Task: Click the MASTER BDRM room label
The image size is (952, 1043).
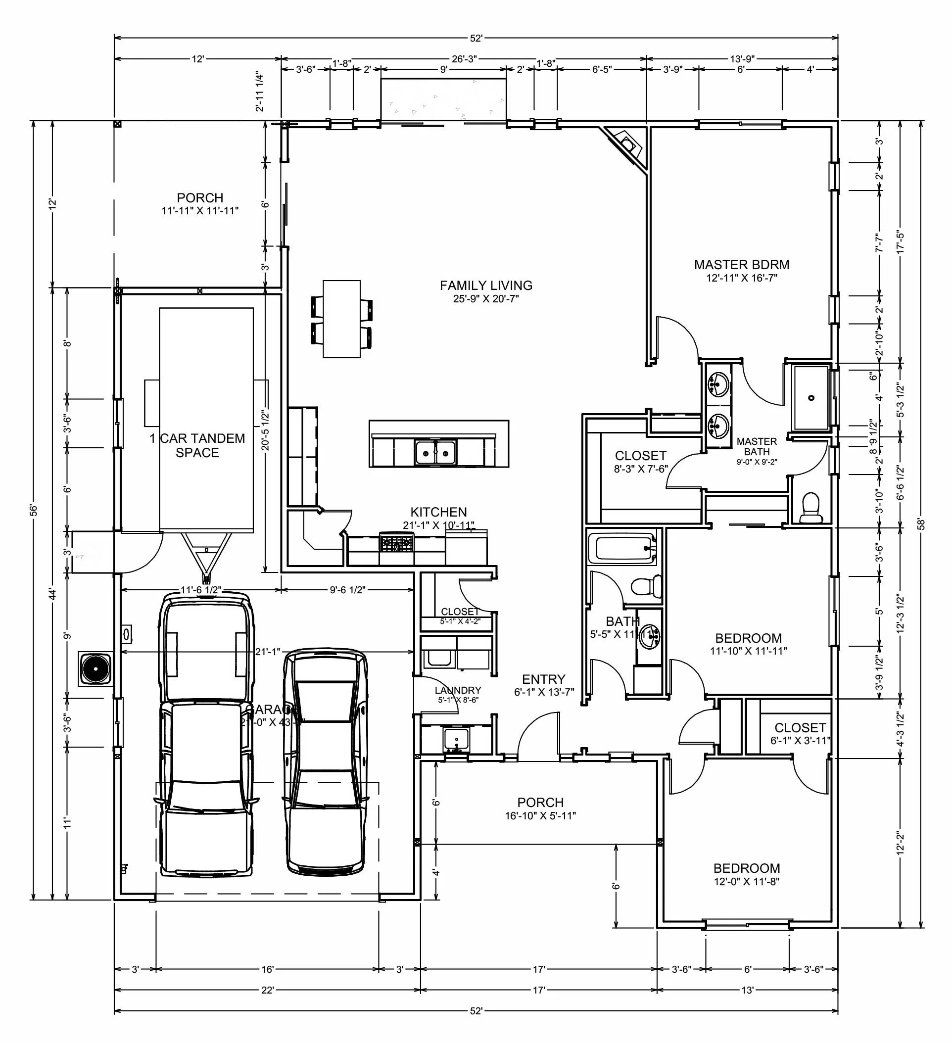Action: pyautogui.click(x=741, y=265)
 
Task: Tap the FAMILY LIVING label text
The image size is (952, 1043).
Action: pyautogui.click(x=486, y=285)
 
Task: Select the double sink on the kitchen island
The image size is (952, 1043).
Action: pyautogui.click(x=435, y=453)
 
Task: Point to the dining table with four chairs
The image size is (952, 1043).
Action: pyautogui.click(x=341, y=319)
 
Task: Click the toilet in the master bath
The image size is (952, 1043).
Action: pyautogui.click(x=811, y=508)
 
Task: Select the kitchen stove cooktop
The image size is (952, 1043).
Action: pyautogui.click(x=397, y=543)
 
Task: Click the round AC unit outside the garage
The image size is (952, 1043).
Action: pyautogui.click(x=95, y=669)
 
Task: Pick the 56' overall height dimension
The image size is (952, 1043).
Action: pyautogui.click(x=34, y=510)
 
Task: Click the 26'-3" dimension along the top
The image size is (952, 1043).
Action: pyautogui.click(x=464, y=59)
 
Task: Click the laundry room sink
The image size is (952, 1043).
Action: pyautogui.click(x=456, y=739)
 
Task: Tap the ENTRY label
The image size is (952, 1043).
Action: pyautogui.click(x=543, y=679)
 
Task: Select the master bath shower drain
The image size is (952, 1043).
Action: pyautogui.click(x=811, y=398)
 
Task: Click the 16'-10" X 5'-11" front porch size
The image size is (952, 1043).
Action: pyautogui.click(x=540, y=816)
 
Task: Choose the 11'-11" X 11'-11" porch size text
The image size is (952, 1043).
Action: pyautogui.click(x=200, y=211)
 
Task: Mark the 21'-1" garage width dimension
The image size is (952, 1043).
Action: pyautogui.click(x=268, y=652)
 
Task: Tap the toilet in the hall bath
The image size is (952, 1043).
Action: pyautogui.click(x=647, y=587)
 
